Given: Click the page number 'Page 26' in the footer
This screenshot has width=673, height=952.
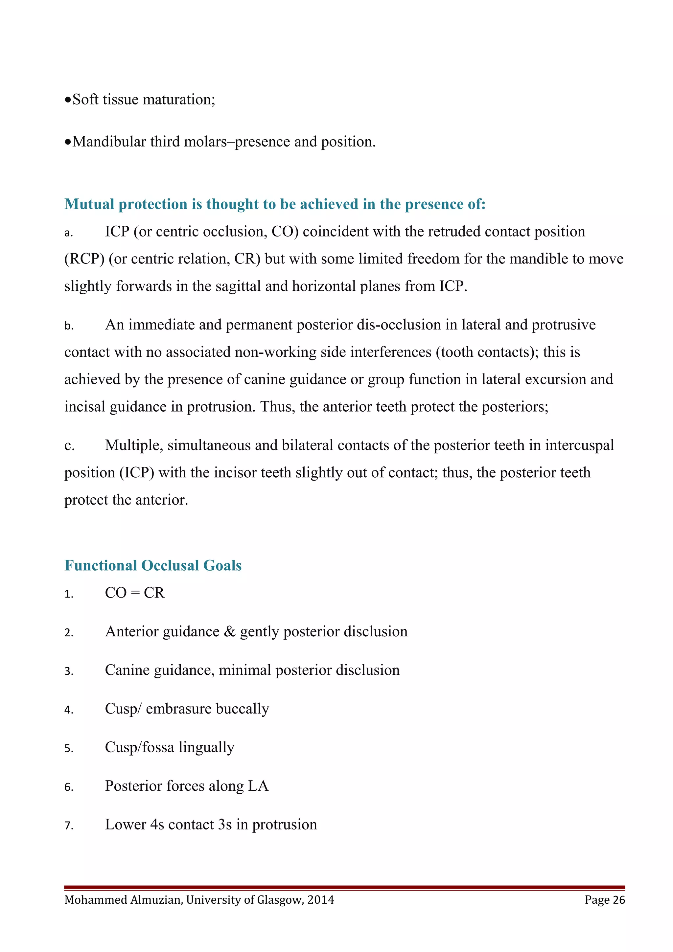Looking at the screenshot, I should pos(605,900).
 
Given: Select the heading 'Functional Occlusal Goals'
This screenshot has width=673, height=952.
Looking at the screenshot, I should pos(153,566).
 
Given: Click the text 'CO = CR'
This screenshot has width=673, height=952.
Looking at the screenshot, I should pos(135,593).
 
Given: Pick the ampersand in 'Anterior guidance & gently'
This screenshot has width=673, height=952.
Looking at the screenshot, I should pos(229,631).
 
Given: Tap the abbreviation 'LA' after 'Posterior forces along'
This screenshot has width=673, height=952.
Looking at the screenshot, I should pos(258,786).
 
